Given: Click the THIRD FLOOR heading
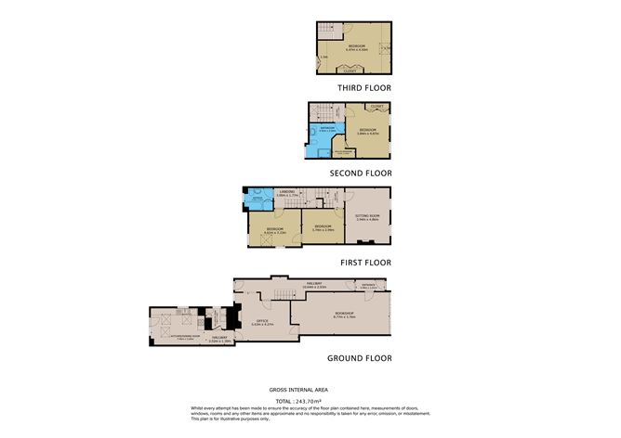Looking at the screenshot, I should [363, 88].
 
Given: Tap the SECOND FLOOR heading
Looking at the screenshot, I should [361, 173].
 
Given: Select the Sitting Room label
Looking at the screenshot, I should [367, 217].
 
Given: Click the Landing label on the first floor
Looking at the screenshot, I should [286, 193].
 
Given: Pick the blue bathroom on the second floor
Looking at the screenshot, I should [326, 134].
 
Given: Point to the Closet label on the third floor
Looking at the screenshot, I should [350, 70].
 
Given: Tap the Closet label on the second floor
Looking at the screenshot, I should [375, 107].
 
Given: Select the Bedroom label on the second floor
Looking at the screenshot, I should [367, 130].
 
